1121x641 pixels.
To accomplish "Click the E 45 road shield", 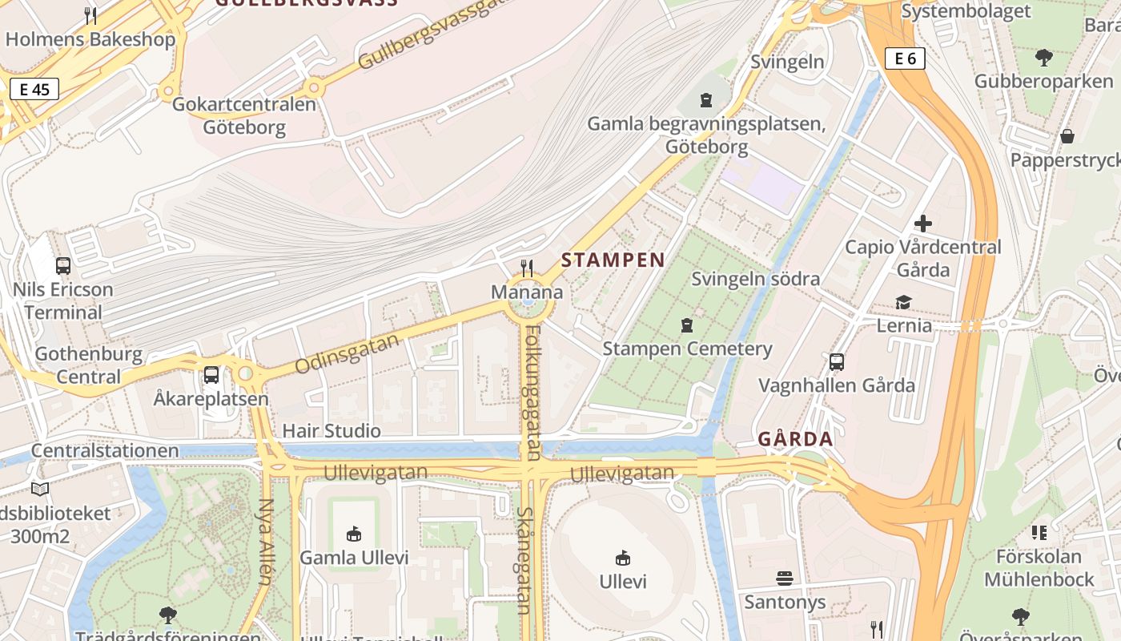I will [x=34, y=89].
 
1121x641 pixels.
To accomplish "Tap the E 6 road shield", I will [x=905, y=58].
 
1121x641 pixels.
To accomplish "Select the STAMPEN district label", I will [x=613, y=260].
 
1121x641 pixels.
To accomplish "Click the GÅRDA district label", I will [x=795, y=439].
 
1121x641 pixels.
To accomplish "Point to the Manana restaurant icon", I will [x=527, y=268].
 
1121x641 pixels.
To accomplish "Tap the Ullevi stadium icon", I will [x=623, y=558].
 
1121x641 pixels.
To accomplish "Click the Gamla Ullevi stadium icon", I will [x=353, y=534].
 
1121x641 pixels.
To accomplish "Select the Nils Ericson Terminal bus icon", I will [x=62, y=265].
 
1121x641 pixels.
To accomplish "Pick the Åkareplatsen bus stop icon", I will [x=211, y=375].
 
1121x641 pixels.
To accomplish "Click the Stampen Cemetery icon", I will [x=686, y=325].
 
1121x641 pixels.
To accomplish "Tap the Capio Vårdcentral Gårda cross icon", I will [x=923, y=224].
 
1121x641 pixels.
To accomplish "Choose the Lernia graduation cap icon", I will [x=904, y=302].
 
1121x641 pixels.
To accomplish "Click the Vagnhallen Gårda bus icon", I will [x=837, y=362].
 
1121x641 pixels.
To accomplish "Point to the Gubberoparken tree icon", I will [x=1043, y=58].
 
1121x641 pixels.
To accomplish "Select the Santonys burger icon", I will [x=784, y=579].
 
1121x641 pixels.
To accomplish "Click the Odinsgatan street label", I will [x=347, y=354].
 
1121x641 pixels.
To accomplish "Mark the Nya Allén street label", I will [x=266, y=542].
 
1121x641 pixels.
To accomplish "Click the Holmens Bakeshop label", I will [x=90, y=39].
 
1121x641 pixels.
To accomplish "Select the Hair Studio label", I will [x=331, y=430].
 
